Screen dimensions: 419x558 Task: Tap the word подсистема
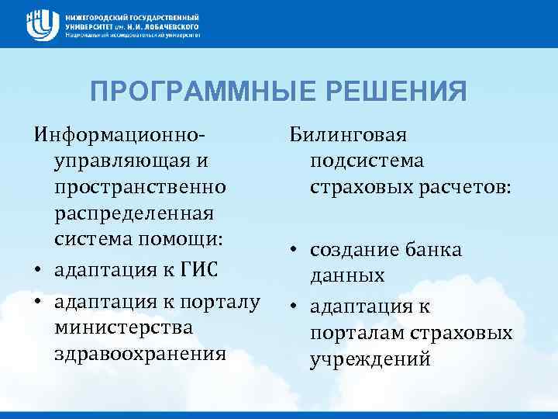[x=367, y=162]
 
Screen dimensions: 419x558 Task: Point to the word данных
[x=347, y=277]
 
